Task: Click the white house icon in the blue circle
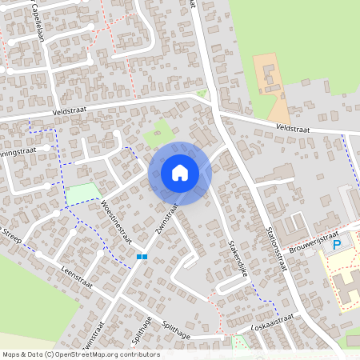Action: coord(180,172)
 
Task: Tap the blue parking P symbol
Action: coord(337,244)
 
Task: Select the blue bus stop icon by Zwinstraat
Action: coord(142,257)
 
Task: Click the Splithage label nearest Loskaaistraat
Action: coord(177,330)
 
